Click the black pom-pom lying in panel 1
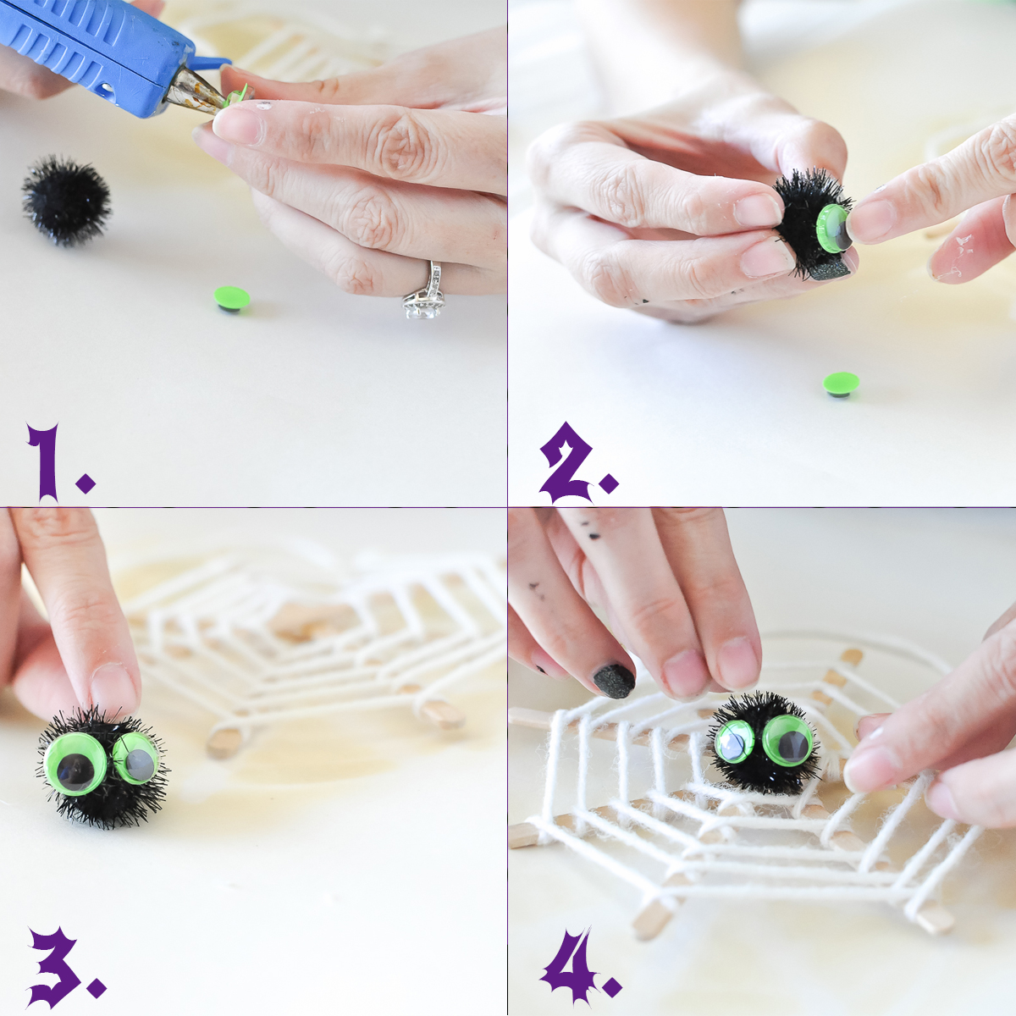click(66, 201)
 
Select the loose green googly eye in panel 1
click(232, 299)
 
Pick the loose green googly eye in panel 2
click(841, 384)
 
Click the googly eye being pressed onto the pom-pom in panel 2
click(834, 228)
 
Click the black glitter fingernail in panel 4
click(614, 681)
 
